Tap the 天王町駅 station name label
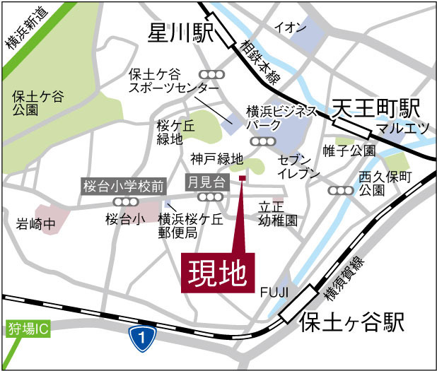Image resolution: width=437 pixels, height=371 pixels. pyautogui.click(x=376, y=108)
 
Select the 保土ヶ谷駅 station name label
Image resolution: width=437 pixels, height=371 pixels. pyautogui.click(x=351, y=324)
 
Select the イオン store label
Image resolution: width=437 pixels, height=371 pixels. pyautogui.click(x=291, y=28)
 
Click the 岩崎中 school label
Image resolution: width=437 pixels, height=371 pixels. pyautogui.click(x=35, y=224)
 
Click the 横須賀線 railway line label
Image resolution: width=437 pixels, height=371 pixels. pyautogui.click(x=344, y=277)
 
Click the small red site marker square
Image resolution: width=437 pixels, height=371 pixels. pyautogui.click(x=242, y=177)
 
